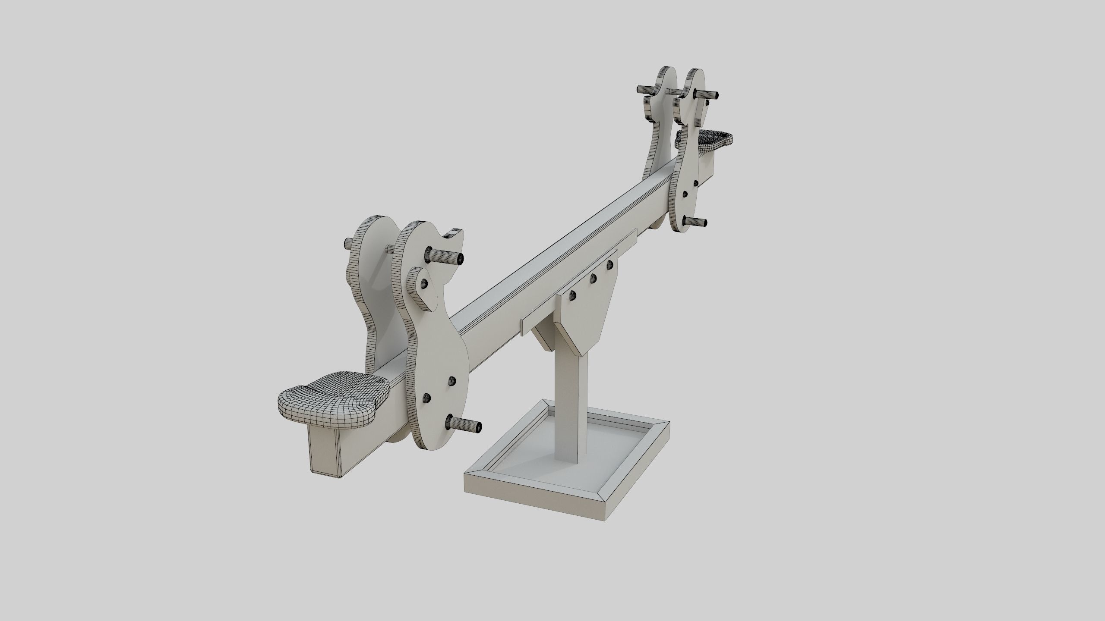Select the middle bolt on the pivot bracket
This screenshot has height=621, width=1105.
coord(593,279)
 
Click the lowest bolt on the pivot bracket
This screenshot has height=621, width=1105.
coord(573,295)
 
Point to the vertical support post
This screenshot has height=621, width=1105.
coord(572,401)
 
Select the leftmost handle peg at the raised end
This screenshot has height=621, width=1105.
coord(646,90)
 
